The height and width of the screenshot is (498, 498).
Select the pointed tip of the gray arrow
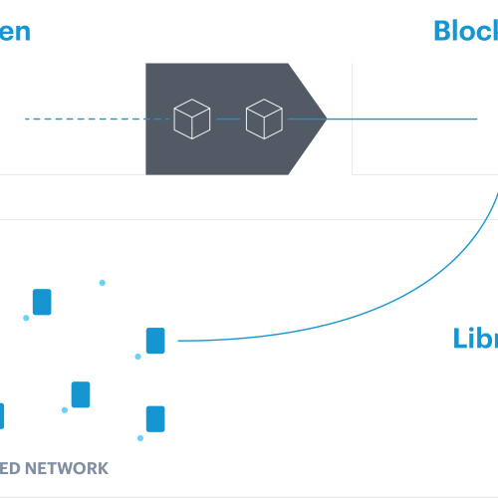coord(326,120)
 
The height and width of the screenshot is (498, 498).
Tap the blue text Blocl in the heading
coord(465,30)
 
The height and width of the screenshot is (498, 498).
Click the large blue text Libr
coord(474,339)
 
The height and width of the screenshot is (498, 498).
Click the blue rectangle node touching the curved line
coord(155,341)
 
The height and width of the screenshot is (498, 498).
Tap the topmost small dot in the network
coord(101,283)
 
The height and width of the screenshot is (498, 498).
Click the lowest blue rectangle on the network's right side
coord(154,417)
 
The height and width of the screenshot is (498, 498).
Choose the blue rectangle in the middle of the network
coord(81,394)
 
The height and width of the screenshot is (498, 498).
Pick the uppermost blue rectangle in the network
coord(41,302)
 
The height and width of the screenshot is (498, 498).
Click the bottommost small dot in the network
coord(140,438)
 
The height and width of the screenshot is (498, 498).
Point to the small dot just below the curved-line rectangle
coord(138,357)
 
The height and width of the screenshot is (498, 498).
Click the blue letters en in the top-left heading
coord(15,30)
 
